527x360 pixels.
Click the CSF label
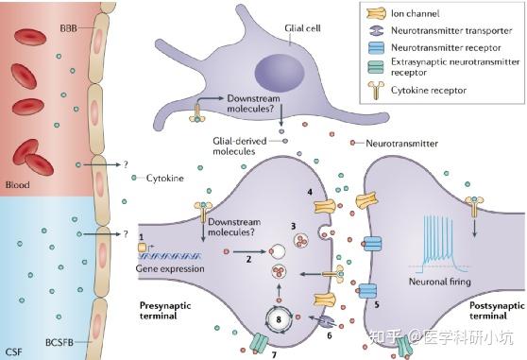[13, 351]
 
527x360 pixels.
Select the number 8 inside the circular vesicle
[278, 318]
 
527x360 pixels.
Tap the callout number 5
[375, 304]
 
